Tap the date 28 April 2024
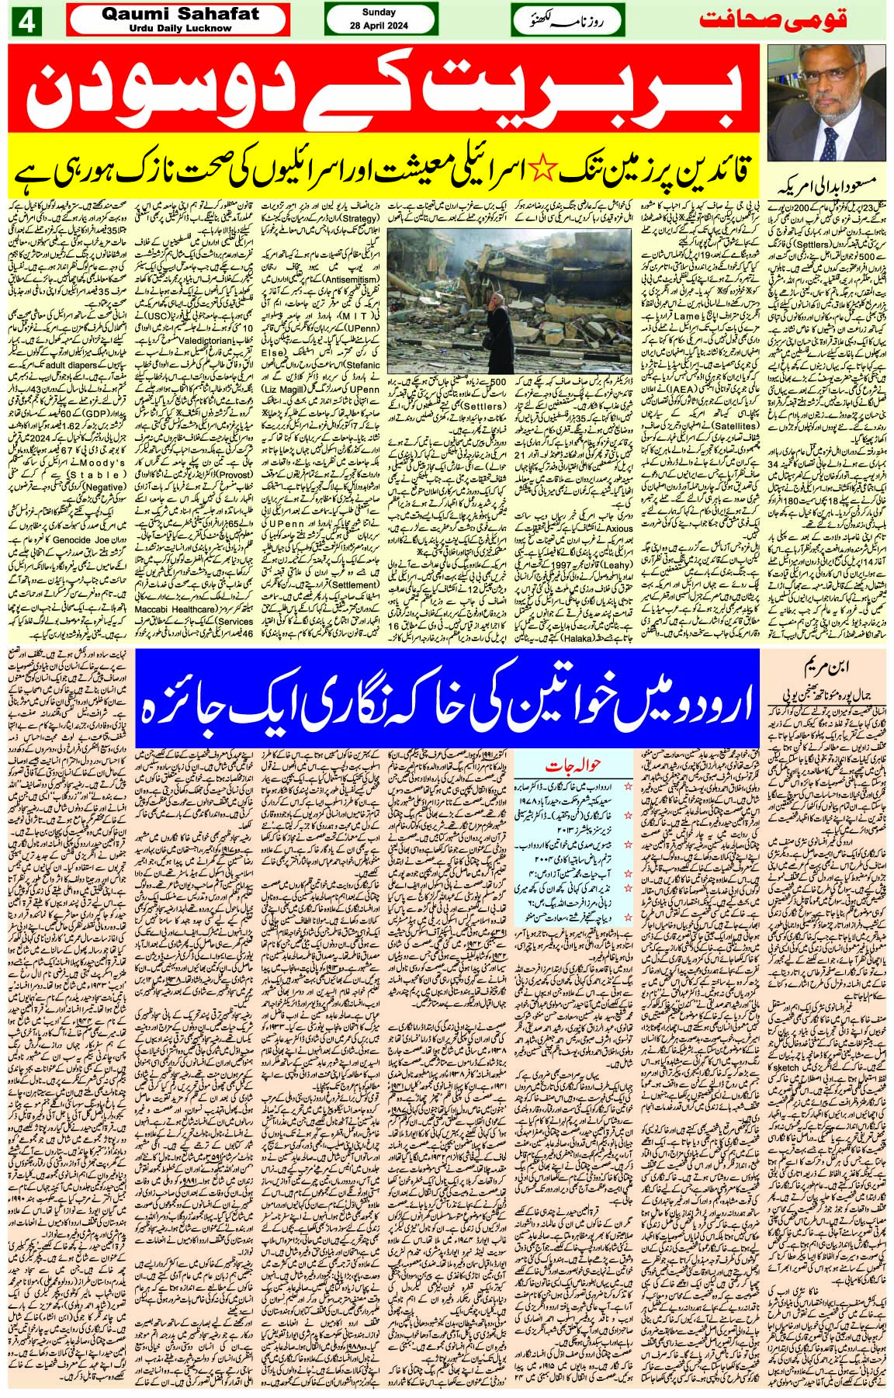[x=378, y=26]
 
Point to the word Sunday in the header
[x=378, y=12]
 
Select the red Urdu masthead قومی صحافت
[x=791, y=21]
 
